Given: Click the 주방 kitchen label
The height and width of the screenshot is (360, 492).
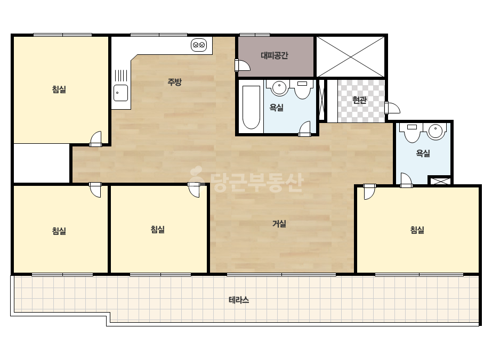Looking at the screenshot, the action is (x=174, y=82).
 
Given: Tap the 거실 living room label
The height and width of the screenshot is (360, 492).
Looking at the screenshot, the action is (x=279, y=224).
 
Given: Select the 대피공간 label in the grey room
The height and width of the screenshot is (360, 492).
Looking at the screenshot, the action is (x=274, y=55).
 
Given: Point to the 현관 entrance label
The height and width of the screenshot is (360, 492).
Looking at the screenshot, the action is (x=359, y=100).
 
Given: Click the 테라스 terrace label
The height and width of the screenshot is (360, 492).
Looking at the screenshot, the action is (x=239, y=300).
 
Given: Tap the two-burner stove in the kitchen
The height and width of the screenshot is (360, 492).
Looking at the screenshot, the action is (x=199, y=45).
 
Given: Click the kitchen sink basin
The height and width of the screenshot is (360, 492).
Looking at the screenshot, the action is (x=121, y=93).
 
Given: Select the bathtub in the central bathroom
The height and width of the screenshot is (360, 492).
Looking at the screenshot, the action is (x=252, y=107).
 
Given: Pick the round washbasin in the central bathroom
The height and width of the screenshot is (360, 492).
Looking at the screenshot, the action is (x=279, y=87).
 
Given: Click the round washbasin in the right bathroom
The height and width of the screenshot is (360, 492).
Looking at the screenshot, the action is (x=435, y=132).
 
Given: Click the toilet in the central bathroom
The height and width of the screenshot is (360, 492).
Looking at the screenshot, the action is (x=302, y=89).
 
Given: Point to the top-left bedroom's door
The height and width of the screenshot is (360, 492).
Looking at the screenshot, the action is (x=96, y=139).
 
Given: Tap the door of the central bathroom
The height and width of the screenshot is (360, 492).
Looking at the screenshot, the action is (x=304, y=129).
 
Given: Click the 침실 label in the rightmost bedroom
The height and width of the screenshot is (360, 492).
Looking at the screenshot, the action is (x=417, y=230).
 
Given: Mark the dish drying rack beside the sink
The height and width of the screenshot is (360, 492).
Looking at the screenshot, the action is (x=121, y=76).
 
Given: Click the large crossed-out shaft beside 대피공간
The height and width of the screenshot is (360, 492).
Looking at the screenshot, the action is (x=350, y=57).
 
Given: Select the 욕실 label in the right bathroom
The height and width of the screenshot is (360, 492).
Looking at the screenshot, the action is (x=423, y=153).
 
